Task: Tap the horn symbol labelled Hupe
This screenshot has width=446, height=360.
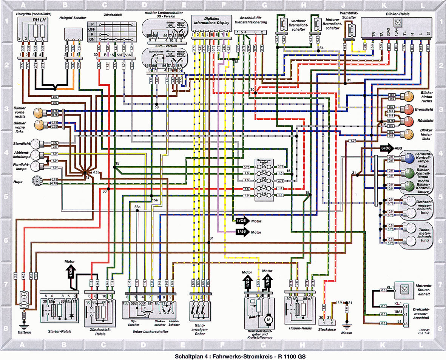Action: (x=37, y=181)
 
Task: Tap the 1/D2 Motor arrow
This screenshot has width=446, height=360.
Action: (x=70, y=271)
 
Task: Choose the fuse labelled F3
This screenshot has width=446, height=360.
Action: (x=264, y=188)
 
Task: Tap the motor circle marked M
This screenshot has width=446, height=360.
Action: (x=269, y=320)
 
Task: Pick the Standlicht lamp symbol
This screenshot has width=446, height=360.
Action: (x=36, y=144)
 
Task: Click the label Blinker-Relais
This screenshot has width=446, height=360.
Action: (x=396, y=14)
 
